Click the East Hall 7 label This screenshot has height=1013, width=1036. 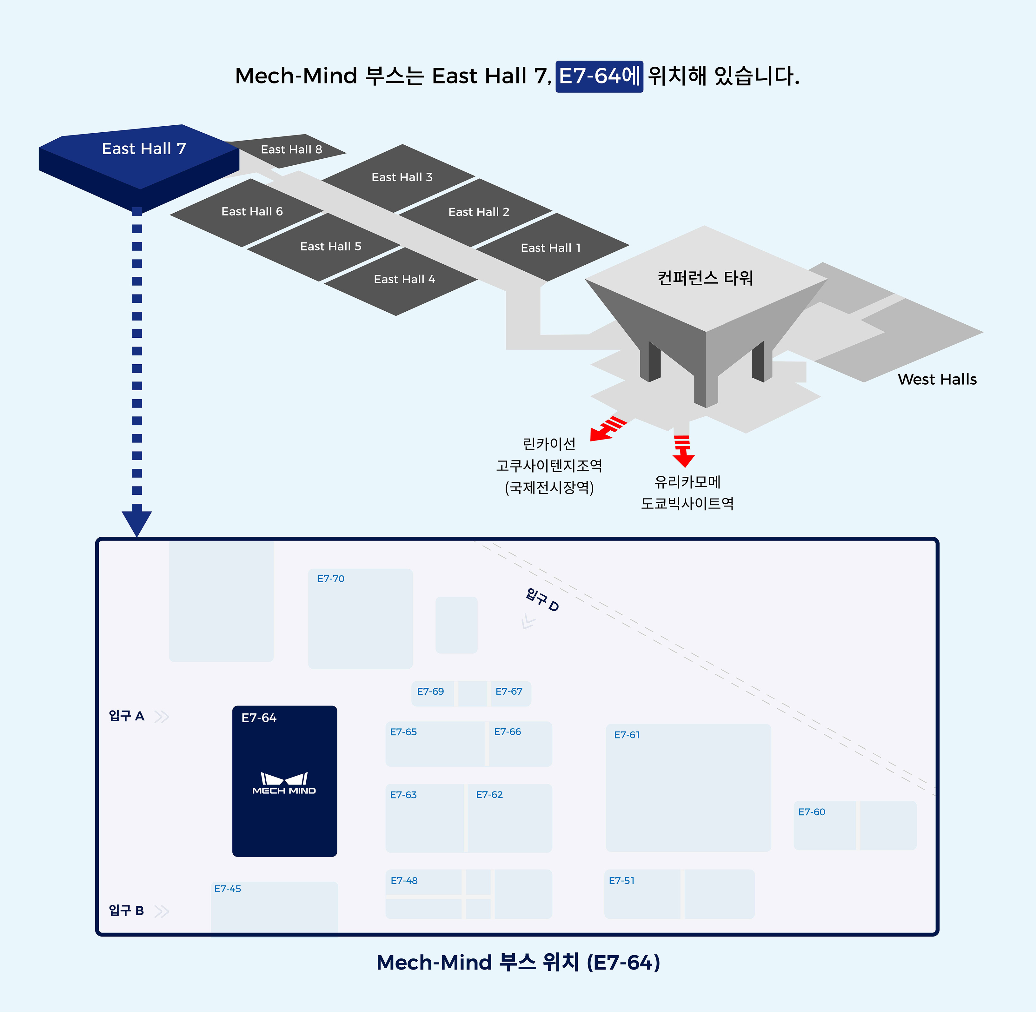(x=144, y=149)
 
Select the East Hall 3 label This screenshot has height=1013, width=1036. (x=402, y=177)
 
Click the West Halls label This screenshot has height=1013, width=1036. (x=937, y=379)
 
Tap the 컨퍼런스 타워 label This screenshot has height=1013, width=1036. (x=705, y=278)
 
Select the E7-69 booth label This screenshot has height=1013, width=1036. (x=430, y=692)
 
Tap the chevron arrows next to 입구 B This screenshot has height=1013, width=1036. (x=162, y=911)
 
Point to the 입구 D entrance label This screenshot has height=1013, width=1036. (x=542, y=600)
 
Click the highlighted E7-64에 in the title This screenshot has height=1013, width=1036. (x=599, y=76)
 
